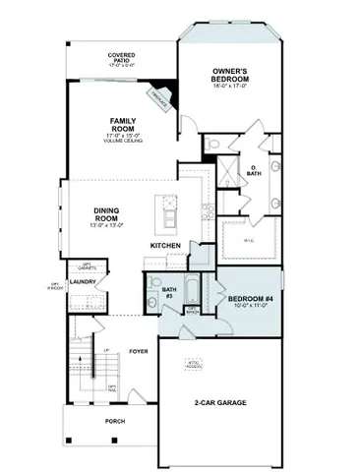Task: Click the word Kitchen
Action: pos(164,245)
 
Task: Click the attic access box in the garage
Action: pos(194,365)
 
